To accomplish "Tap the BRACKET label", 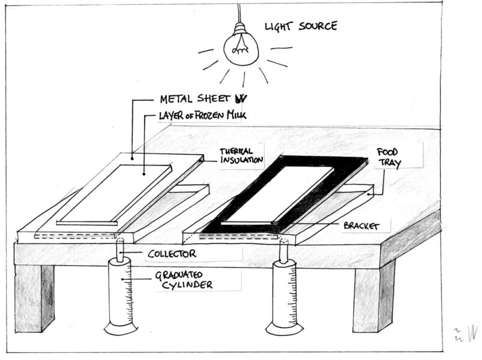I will [x=358, y=226].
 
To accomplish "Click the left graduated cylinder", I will [x=122, y=294].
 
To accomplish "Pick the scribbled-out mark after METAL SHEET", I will [x=241, y=98].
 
